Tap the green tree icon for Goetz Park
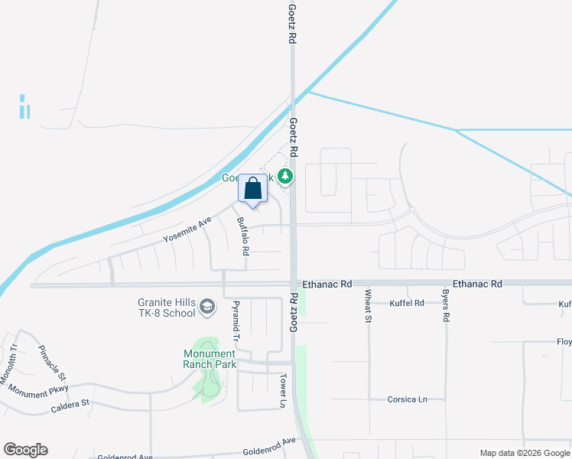pyautogui.click(x=285, y=177)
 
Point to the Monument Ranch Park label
pyautogui.click(x=209, y=359)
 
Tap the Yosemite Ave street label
pyautogui.click(x=187, y=230)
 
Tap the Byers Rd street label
pyautogui.click(x=445, y=304)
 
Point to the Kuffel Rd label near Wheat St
pyautogui.click(x=407, y=303)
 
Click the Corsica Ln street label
pyautogui.click(x=407, y=399)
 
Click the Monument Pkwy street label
pyautogui.click(x=38, y=389)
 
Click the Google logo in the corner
pyautogui.click(x=25, y=450)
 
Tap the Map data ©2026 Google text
pyautogui.click(x=525, y=453)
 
